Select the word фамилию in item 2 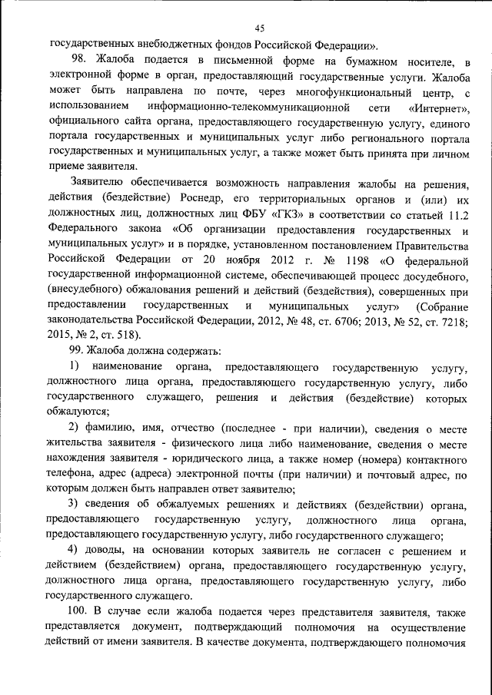(x=110, y=427)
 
